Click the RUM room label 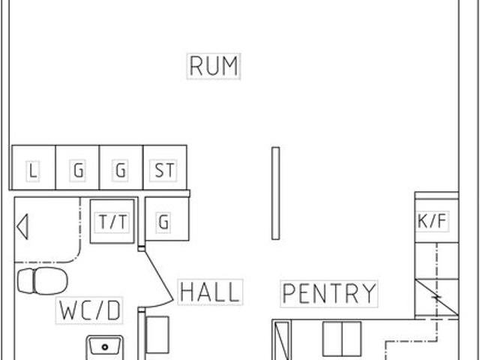[214, 66]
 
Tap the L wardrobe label [33, 170]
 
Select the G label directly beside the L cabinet [78, 170]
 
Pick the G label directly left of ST [120, 169]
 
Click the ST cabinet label [164, 170]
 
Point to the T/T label [112, 222]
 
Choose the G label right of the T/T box [163, 222]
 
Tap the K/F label [432, 220]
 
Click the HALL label [210, 292]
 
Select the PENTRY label [329, 293]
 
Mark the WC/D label [89, 310]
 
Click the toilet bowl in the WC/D [50, 281]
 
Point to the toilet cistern [25, 281]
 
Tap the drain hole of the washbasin [105, 346]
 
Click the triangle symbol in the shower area [22, 226]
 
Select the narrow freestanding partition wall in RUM [275, 193]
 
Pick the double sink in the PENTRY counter [342, 338]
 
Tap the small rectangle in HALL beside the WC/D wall [157, 334]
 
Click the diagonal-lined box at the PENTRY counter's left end [282, 340]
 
